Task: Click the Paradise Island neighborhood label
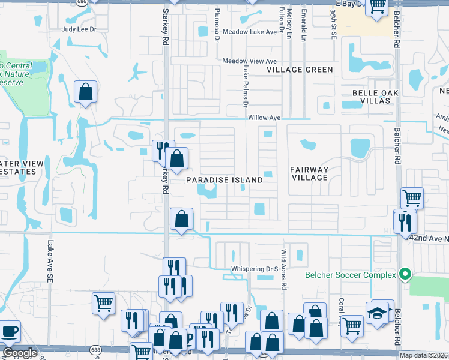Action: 224,180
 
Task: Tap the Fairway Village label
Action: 309,173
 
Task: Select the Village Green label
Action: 300,70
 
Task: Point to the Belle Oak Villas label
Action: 376,97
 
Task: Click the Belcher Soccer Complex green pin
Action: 405,275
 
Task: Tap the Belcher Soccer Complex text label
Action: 351,275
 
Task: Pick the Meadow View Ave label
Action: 249,61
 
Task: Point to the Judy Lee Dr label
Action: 79,28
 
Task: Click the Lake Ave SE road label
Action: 49,262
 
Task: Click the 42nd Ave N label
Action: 427,238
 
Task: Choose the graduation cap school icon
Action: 377,313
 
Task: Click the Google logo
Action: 20,353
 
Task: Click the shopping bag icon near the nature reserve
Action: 85,92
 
